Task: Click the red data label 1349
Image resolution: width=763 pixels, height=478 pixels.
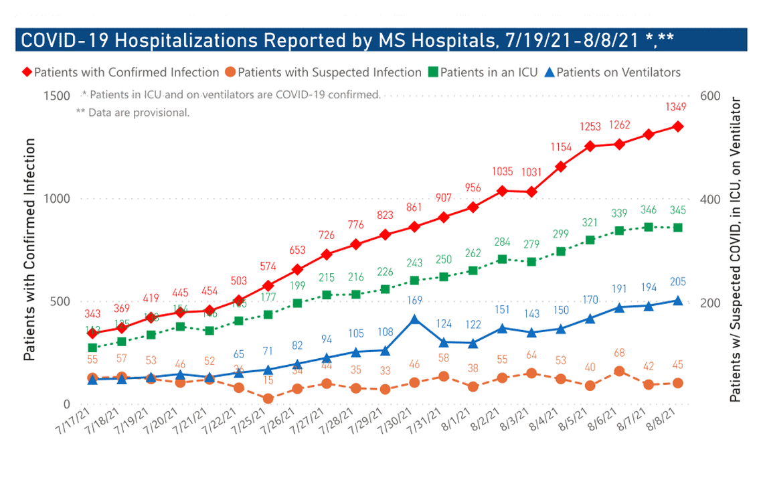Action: coord(677,107)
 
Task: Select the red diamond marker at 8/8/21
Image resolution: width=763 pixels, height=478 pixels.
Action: coord(677,126)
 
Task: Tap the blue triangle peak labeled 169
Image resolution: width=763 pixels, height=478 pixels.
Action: coord(415,319)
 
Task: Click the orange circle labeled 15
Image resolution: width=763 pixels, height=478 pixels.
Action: coord(268,398)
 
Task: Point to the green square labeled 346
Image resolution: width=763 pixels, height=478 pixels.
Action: coord(648,227)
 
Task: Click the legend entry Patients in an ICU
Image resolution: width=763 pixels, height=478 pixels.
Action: coord(483,72)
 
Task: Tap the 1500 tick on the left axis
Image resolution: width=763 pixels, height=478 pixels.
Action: coord(57,96)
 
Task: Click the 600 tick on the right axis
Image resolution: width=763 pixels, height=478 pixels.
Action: coord(710,96)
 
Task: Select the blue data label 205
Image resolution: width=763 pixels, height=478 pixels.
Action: coord(677,282)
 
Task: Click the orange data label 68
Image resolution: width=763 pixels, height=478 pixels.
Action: coord(619,352)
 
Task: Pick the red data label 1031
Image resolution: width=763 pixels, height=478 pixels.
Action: coord(531,172)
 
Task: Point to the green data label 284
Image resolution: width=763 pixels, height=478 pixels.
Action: coord(502,241)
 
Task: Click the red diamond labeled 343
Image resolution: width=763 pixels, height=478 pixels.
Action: coord(92,333)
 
